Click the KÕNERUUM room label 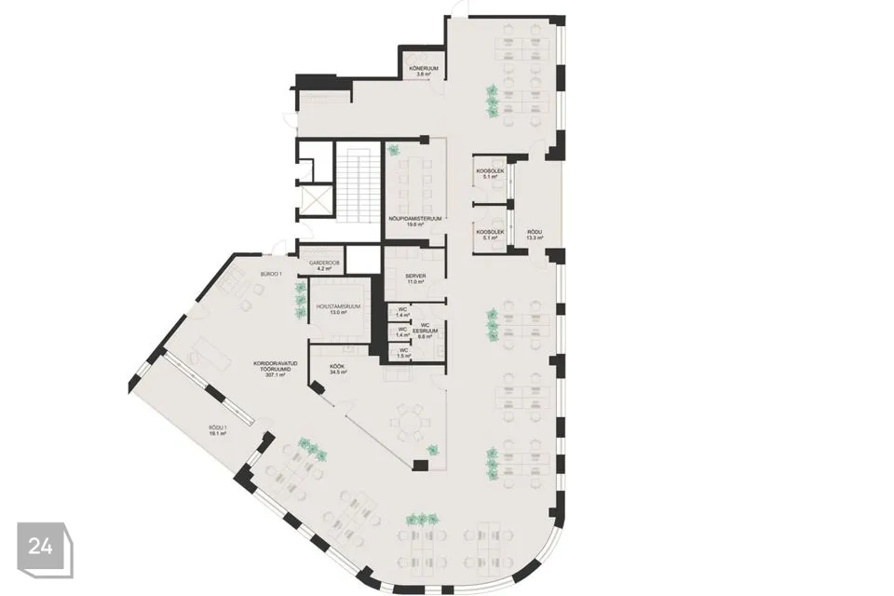422,68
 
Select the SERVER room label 414,277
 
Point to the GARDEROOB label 320,264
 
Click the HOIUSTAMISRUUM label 337,306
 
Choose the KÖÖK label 338,367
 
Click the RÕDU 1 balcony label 218,427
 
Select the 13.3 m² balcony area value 535,237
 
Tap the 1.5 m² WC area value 403,356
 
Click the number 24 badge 41,547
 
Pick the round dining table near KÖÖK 405,425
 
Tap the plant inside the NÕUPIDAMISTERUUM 394,150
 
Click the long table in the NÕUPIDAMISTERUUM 413,183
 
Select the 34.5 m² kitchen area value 338,373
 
